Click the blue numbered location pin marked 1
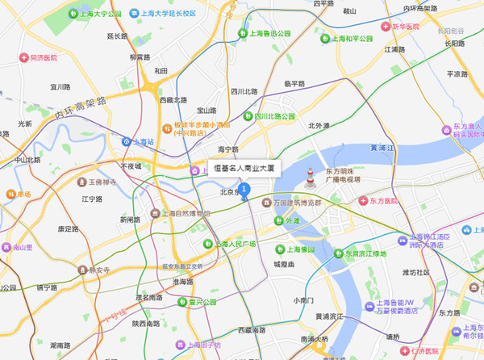[x=245, y=190]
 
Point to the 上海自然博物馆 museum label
[x=175, y=214]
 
